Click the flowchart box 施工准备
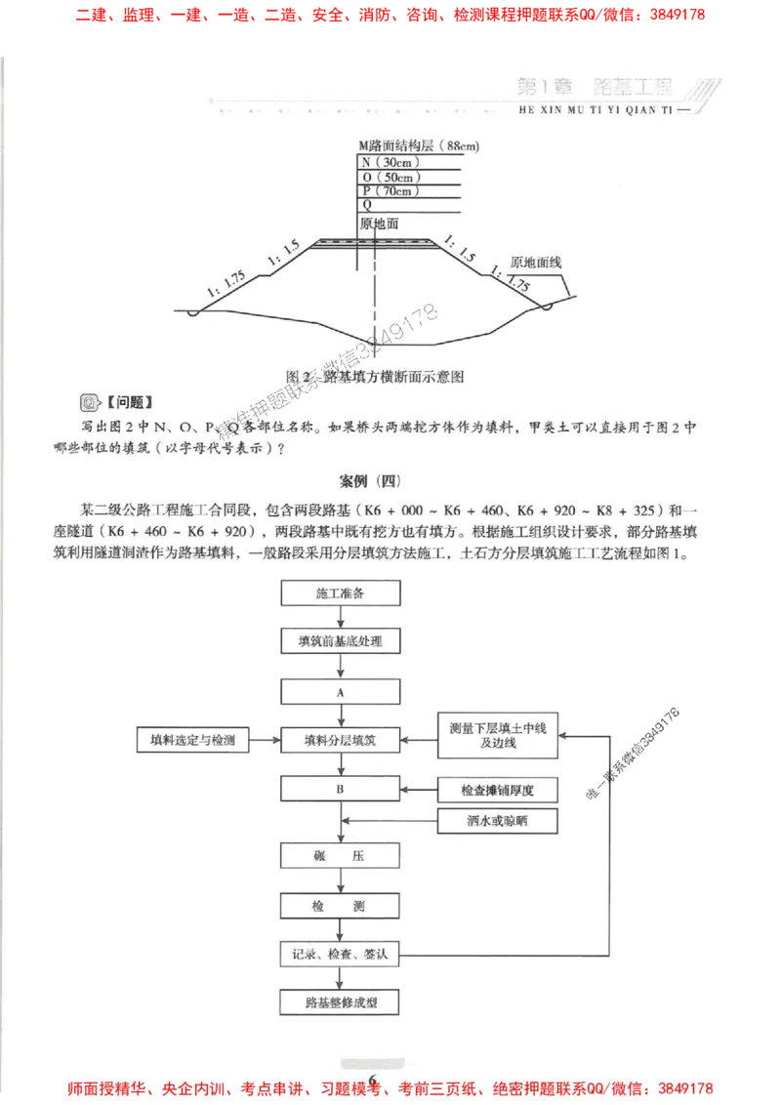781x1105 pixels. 340,593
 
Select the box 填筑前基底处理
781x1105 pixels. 340,641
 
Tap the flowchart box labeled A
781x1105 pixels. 340,691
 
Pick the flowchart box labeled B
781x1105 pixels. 340,788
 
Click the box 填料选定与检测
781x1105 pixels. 191,740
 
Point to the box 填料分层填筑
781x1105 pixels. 340,740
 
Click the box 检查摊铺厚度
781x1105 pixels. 497,789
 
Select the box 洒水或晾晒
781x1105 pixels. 497,821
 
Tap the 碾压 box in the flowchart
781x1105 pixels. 340,856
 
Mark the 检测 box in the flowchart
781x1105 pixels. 340,906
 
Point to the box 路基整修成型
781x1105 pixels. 340,1003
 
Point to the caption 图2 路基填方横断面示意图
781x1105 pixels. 374,375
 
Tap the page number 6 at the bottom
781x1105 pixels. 372,1077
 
